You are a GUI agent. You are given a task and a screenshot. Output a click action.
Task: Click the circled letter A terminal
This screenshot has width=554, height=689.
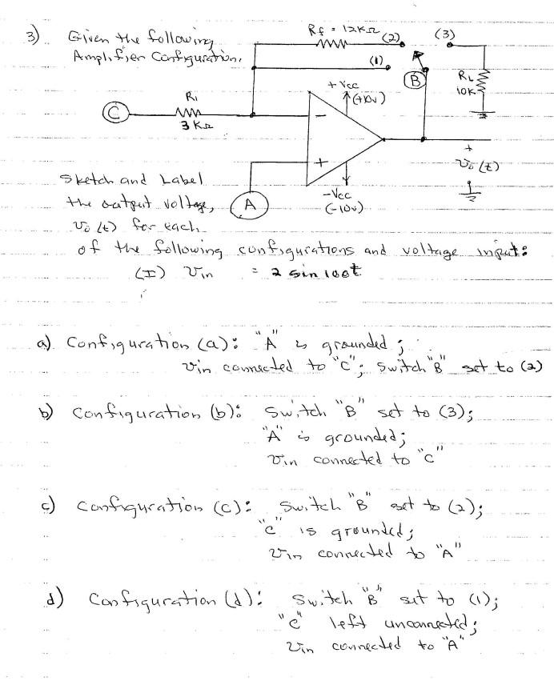[x=247, y=204]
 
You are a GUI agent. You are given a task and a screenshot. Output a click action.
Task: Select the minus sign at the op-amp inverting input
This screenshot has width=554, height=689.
[x=319, y=116]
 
